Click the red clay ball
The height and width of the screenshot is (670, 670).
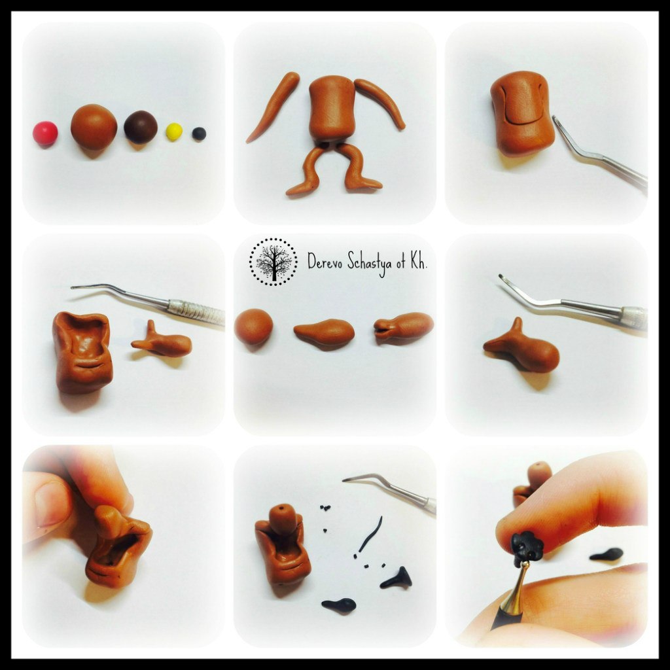pos(45,133)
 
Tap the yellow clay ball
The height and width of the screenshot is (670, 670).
pos(174,132)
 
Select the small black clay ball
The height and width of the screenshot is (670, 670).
pos(199,133)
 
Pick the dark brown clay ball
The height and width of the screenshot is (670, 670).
pos(141,127)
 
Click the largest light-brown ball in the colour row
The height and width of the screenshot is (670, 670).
pos(94,126)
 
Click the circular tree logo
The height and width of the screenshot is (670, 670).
pos(273,262)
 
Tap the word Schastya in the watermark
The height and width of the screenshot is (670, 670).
pos(370,263)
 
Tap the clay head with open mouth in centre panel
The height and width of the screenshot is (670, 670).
pos(403,327)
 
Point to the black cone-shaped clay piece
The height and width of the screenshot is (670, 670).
pos(397,578)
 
